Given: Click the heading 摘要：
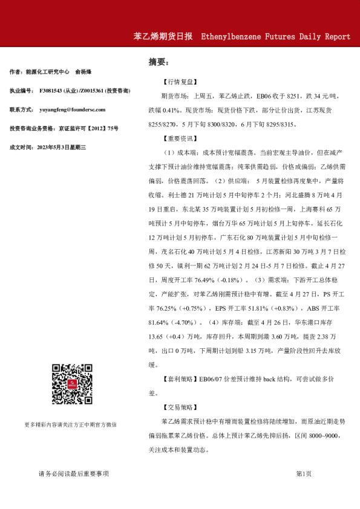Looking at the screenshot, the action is [159, 62].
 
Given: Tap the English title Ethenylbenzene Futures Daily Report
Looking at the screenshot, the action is [275, 36].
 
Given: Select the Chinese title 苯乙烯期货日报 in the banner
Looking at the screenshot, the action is [163, 36].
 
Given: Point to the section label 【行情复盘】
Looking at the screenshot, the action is [180, 81].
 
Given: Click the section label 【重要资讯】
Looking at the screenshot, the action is [180, 138].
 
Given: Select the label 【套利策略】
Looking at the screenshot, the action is [180, 379].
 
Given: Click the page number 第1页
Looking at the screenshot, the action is [304, 473].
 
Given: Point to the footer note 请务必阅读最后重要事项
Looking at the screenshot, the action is [73, 473].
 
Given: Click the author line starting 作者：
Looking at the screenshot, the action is [53, 71].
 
